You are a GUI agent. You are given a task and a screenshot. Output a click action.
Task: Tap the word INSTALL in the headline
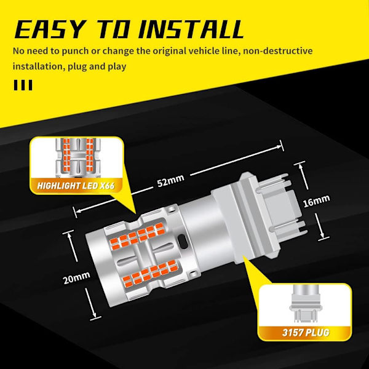[x=191, y=29]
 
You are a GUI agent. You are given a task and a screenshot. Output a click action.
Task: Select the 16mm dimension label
[x=317, y=201]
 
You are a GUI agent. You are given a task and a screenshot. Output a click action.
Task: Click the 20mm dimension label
[x=76, y=277]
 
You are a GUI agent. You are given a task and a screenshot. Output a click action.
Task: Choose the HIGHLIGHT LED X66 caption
[x=76, y=186]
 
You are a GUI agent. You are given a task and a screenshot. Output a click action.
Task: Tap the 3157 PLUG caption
[x=306, y=333]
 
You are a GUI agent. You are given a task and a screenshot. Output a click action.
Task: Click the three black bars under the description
[x=23, y=85]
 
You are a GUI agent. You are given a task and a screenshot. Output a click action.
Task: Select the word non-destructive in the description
[x=278, y=51]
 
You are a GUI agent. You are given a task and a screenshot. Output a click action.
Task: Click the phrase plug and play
[x=97, y=66]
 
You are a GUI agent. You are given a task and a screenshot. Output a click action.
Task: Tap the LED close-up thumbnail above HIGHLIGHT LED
[x=77, y=157]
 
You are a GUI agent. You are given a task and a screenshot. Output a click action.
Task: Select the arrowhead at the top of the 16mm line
[x=301, y=167]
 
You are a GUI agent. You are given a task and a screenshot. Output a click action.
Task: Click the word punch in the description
[x=75, y=51]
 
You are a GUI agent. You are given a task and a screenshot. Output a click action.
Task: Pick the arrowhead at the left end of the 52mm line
[x=77, y=210]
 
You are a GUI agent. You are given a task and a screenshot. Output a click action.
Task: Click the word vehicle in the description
[x=205, y=51]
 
